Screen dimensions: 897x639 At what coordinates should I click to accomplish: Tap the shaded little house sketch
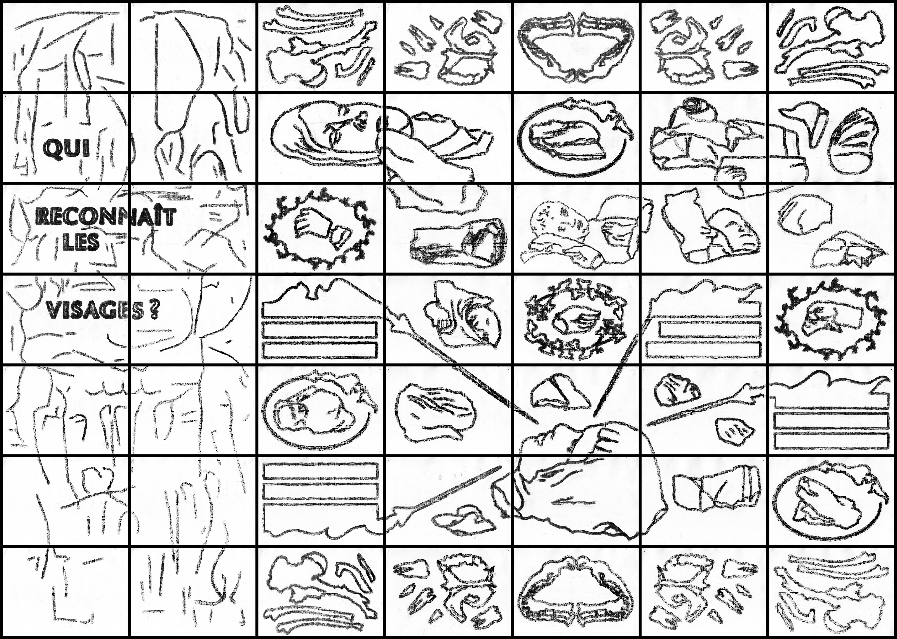click(477, 242)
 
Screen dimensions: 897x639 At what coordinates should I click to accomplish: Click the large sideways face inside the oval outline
click(326, 130)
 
